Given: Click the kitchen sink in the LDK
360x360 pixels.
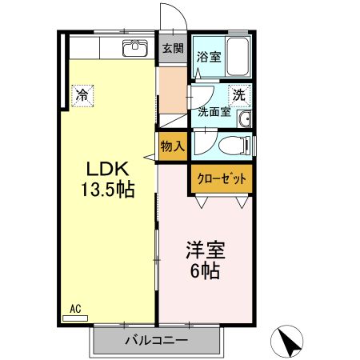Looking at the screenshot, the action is coord(135,48).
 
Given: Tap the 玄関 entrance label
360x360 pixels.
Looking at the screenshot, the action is coord(173,48).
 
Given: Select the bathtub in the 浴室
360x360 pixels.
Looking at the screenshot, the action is coord(238,57).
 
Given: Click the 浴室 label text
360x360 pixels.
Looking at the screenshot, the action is coord(209,57).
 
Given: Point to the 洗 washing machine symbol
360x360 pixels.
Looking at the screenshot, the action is coord(239,95).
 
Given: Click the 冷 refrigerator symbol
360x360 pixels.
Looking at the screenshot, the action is coord(82,96).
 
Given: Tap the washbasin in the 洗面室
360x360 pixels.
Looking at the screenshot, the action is coord(245,118).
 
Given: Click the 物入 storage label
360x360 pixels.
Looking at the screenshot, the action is coord(173,146).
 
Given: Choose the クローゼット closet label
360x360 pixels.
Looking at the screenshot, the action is coord(222,178).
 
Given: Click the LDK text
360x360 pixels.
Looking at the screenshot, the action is coord(107,169).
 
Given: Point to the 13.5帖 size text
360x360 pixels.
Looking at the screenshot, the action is coord(107,190).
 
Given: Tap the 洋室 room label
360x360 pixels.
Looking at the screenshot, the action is coord(206,250).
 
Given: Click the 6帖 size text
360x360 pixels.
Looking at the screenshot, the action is coord(206,271).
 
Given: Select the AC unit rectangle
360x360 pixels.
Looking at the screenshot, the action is coord(75,318).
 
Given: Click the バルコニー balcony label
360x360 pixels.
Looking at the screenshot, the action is coord(157,340).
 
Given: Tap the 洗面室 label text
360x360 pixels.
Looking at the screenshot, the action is coord(214,112).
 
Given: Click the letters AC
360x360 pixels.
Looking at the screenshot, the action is coord(75,309).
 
